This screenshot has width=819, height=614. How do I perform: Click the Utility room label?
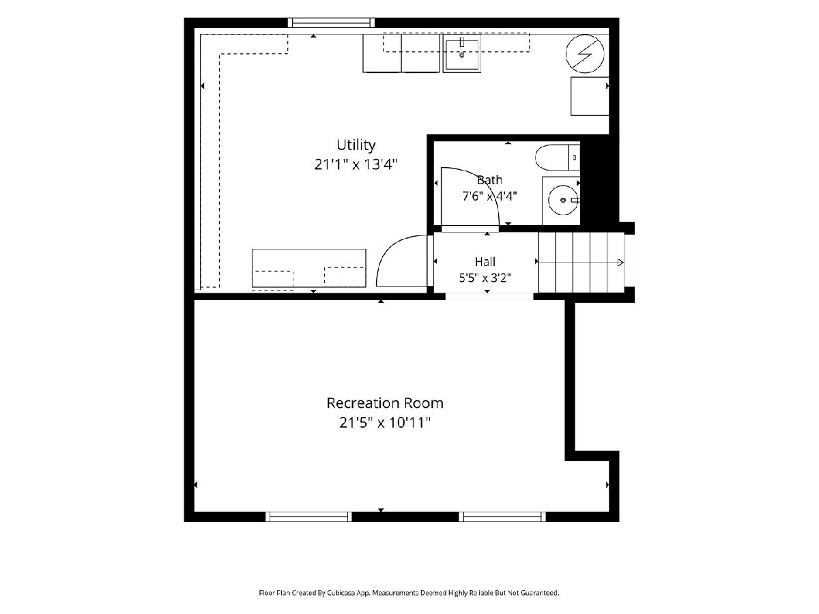[356, 145]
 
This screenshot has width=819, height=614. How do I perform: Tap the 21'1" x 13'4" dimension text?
[356, 164]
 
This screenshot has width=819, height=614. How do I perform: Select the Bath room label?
[489, 180]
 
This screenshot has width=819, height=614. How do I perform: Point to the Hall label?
[485, 262]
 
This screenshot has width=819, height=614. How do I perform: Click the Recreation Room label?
[385, 403]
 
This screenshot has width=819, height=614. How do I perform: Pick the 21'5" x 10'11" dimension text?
[385, 423]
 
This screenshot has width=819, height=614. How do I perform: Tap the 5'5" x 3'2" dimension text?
[485, 278]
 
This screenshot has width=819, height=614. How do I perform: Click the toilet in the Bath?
[558, 158]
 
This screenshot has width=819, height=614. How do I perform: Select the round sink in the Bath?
[563, 200]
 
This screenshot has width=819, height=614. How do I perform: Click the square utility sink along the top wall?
[461, 55]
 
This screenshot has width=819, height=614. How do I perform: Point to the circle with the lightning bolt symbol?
[585, 54]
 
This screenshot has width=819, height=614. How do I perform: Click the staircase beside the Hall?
[581, 262]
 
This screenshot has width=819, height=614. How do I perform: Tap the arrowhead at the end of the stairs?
[620, 263]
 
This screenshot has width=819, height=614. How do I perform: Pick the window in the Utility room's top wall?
[331, 23]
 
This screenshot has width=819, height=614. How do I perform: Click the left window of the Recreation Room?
[308, 516]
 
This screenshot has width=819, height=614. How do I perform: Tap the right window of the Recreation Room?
[502, 516]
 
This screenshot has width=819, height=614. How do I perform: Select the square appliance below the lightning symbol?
[590, 96]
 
